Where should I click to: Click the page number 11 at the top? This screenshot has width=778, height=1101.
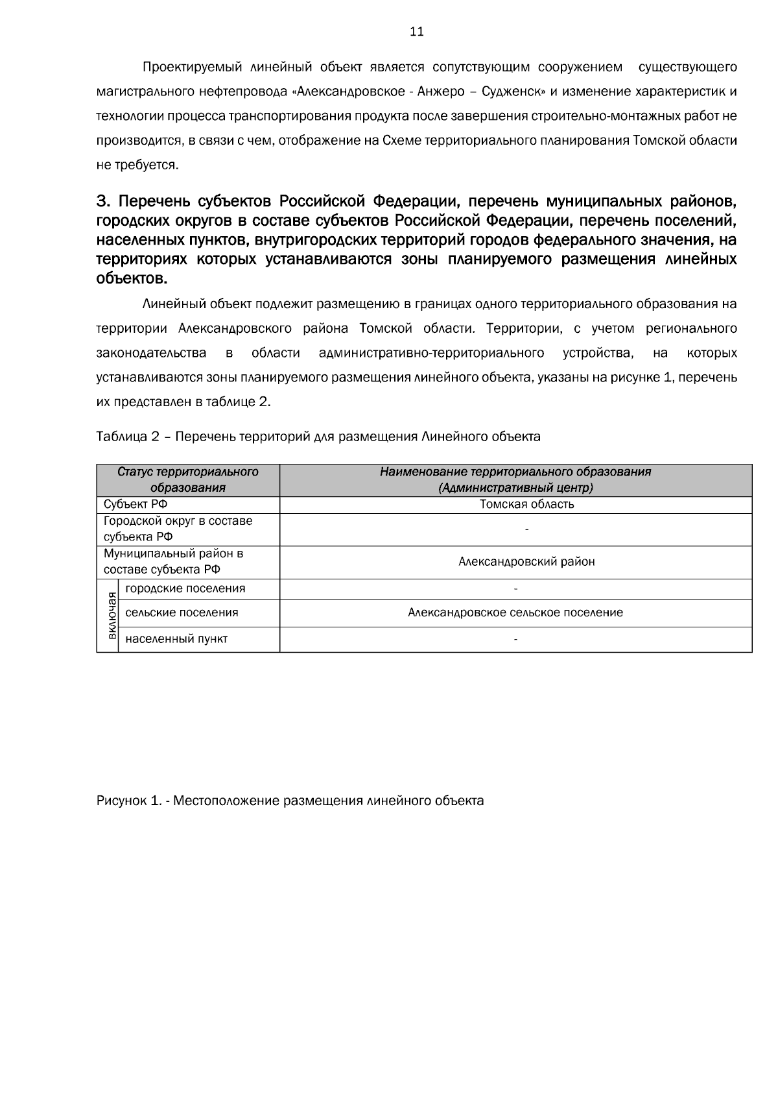tap(417, 32)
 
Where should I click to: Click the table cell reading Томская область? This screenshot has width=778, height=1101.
tap(526, 504)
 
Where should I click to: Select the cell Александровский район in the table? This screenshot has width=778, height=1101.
tap(526, 562)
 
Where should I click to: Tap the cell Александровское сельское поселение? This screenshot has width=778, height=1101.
tap(515, 612)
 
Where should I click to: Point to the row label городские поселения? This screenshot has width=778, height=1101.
tap(185, 589)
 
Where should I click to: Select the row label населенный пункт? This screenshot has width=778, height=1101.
tap(176, 639)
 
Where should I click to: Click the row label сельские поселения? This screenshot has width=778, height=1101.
tap(182, 612)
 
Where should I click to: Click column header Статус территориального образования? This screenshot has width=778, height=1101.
tap(188, 479)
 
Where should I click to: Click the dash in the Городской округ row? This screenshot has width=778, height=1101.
tap(526, 530)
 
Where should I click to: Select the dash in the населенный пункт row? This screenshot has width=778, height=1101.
tap(515, 640)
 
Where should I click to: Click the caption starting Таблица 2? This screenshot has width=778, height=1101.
tap(318, 437)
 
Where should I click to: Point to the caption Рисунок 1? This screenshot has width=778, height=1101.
tap(290, 801)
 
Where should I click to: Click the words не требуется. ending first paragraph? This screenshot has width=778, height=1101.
tap(137, 165)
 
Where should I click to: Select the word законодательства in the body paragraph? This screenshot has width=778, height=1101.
tap(151, 353)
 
